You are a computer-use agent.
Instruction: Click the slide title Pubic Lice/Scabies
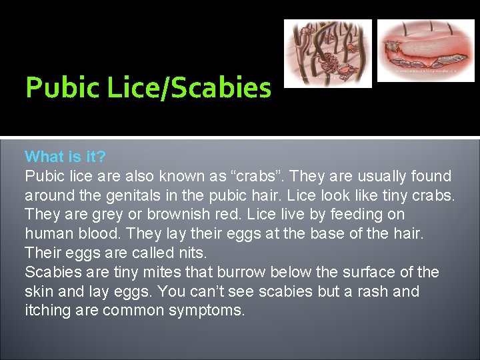(x=148, y=88)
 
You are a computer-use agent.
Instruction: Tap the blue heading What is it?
(x=65, y=157)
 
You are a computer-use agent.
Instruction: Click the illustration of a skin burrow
(x=425, y=50)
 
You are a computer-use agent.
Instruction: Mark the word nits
(x=192, y=253)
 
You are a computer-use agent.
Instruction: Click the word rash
(x=369, y=291)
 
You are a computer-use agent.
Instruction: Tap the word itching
(x=48, y=311)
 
